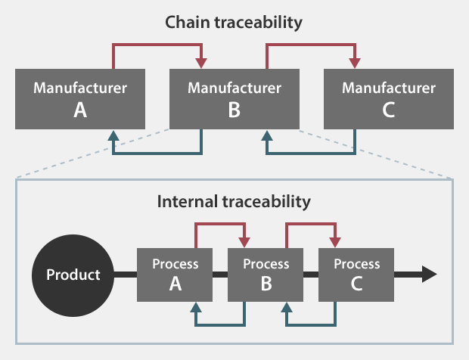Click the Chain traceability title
(234, 22)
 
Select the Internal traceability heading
(234, 202)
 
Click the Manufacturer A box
(80, 99)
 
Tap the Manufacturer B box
(234, 99)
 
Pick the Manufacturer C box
(389, 99)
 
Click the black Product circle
(73, 274)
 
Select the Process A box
(175, 274)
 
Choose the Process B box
(266, 274)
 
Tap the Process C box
(357, 274)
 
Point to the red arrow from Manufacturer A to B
(157, 45)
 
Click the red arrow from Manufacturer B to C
(310, 45)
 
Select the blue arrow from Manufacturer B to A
(157, 154)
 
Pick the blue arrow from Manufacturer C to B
(310, 154)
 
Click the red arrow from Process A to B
(220, 225)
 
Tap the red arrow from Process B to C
(310, 225)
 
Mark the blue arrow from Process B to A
(220, 325)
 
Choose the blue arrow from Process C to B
(310, 325)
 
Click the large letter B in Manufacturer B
(234, 110)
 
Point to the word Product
(73, 274)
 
